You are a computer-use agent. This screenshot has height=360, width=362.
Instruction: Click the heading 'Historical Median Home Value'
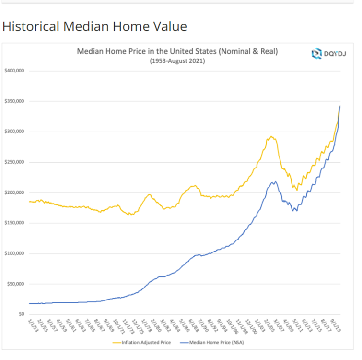(x=94, y=26)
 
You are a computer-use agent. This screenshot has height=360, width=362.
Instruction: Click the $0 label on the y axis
(x=21, y=314)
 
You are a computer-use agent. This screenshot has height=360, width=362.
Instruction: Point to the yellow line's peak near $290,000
(x=271, y=136)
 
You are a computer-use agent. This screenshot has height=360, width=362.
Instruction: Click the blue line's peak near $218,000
(x=274, y=181)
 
